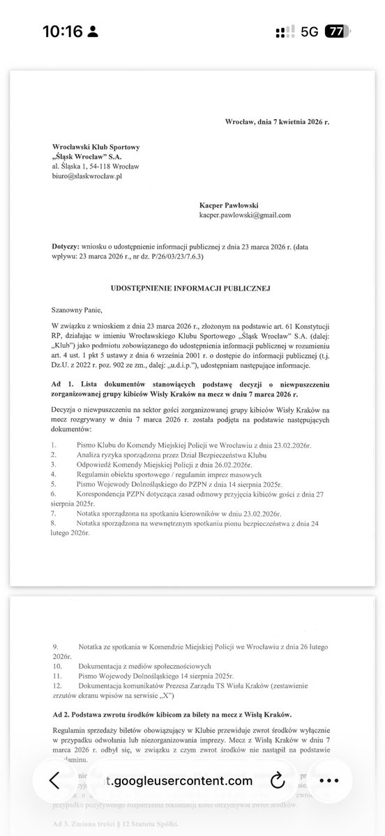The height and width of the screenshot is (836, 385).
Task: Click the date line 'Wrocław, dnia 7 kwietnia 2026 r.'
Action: point(277,121)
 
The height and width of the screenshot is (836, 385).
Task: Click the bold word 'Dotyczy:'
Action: point(66,247)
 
